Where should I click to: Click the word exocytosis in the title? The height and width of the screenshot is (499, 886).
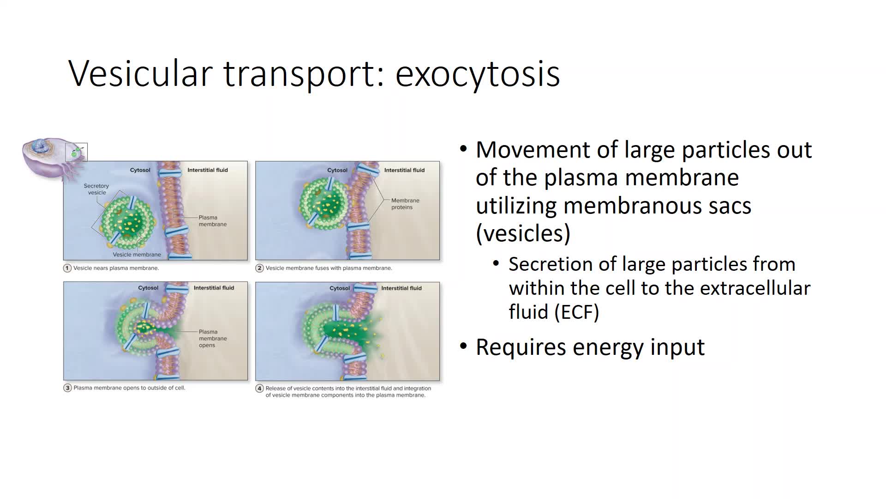[478, 73]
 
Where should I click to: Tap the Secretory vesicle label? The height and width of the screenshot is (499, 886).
[96, 189]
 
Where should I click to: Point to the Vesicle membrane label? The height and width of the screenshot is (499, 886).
[137, 255]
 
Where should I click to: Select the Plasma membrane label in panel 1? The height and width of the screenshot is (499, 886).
[213, 221]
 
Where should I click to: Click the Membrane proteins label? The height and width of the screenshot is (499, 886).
[405, 204]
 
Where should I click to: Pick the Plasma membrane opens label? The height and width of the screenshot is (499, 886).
[213, 338]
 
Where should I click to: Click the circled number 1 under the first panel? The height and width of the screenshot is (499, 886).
[67, 268]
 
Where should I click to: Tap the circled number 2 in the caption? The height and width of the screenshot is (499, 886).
[260, 268]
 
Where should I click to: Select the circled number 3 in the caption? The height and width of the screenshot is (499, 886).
[67, 388]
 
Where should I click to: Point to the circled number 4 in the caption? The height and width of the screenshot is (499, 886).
[260, 389]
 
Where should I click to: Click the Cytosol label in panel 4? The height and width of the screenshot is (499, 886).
[340, 288]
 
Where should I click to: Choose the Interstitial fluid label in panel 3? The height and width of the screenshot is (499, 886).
[214, 288]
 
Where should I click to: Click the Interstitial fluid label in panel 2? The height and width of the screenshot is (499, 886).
[404, 170]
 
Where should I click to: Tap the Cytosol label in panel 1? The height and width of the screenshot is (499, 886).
[140, 170]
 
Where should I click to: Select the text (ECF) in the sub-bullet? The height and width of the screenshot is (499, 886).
[576, 312]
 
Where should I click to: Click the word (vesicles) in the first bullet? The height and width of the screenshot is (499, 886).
[523, 233]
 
